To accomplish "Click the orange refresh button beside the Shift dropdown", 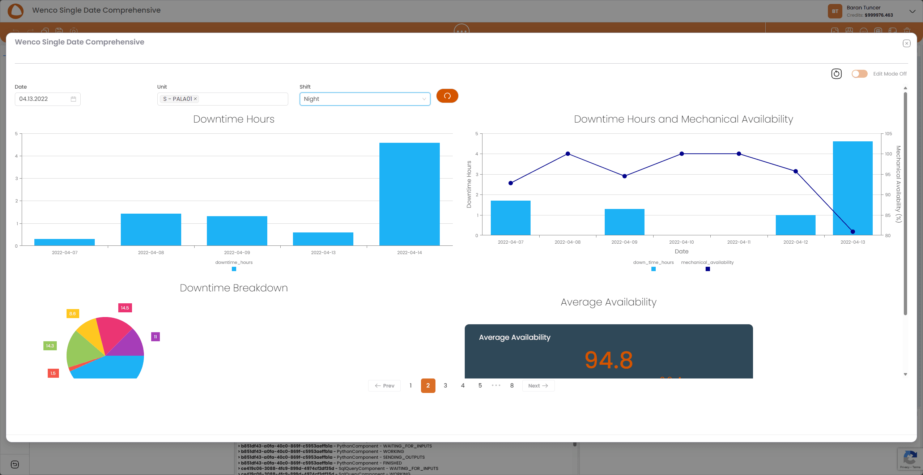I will click(x=447, y=96).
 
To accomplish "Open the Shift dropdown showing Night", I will click(x=365, y=99).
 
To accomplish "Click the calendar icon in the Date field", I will click(x=73, y=99).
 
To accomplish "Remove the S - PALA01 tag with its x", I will click(x=195, y=99).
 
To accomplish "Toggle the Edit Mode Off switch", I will click(x=859, y=74).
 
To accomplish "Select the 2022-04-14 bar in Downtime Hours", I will click(x=409, y=194).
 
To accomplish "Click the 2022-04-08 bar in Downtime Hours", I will click(x=151, y=230).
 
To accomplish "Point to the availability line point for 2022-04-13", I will click(x=853, y=232).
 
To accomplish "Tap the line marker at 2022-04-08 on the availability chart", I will click(x=568, y=154).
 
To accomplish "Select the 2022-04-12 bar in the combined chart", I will click(x=796, y=225).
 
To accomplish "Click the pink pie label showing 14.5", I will click(x=125, y=308).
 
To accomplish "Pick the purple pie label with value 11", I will click(x=156, y=337).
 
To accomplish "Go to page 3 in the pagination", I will click(x=445, y=385).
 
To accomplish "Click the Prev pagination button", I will click(x=384, y=386).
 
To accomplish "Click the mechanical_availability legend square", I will click(x=708, y=269).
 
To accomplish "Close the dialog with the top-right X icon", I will click(x=906, y=43).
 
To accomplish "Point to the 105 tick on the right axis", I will click(x=888, y=134).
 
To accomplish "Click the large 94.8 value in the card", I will click(x=609, y=360).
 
